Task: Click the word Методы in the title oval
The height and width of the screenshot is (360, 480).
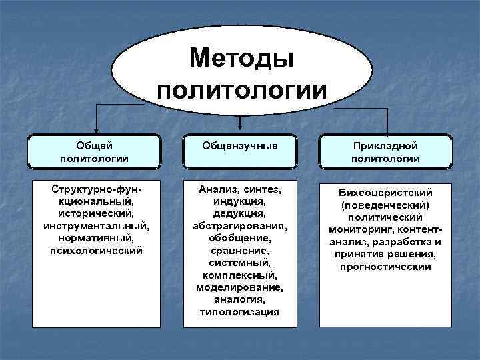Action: (241, 58)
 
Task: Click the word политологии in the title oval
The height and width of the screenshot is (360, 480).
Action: (241, 89)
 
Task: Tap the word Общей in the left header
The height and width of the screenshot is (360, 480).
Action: (94, 145)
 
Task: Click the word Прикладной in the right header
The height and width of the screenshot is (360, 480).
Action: (386, 145)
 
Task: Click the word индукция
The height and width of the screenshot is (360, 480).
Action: (240, 201)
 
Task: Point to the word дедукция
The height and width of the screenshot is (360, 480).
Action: (240, 213)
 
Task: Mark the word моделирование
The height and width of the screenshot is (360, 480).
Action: (240, 287)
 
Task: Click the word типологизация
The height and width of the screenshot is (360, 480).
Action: (240, 312)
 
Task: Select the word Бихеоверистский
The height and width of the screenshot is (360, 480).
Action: (386, 193)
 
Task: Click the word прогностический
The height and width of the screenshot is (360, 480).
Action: (386, 267)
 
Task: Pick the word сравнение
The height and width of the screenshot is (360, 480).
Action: (240, 251)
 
